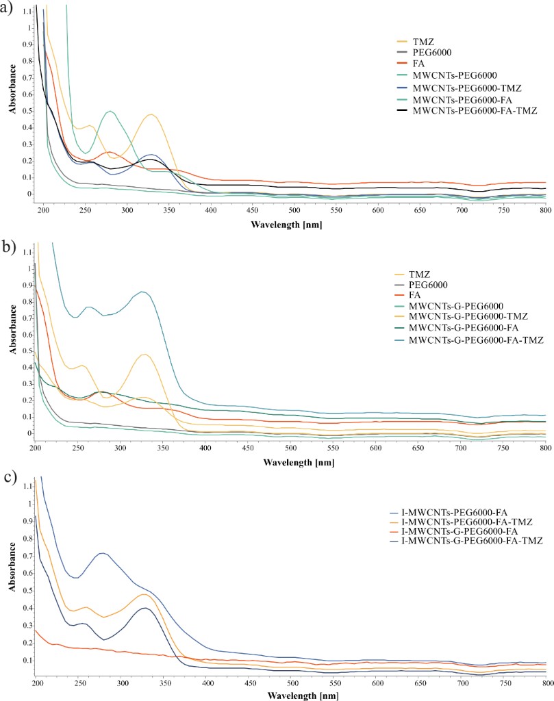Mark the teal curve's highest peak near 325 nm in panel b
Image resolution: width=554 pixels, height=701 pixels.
click(x=142, y=292)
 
